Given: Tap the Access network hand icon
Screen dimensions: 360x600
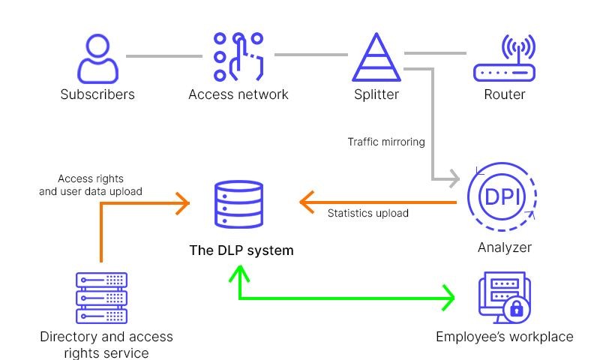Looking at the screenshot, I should (x=238, y=57).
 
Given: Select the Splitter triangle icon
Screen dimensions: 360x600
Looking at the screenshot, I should (x=376, y=57).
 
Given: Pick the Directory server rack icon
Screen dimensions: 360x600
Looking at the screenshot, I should (x=101, y=297).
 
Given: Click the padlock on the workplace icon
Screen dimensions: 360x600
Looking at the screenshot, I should (x=517, y=307).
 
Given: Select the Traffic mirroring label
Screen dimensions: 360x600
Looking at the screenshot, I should (x=385, y=142).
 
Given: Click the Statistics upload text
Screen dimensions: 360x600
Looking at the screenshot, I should (x=367, y=213).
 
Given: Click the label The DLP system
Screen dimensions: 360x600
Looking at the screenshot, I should (x=241, y=250).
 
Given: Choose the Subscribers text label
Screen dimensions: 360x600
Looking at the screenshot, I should (x=97, y=94).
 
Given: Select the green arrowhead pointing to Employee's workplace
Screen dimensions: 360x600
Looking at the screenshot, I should (x=448, y=298).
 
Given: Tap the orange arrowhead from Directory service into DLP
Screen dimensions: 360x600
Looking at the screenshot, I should (x=181, y=201).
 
